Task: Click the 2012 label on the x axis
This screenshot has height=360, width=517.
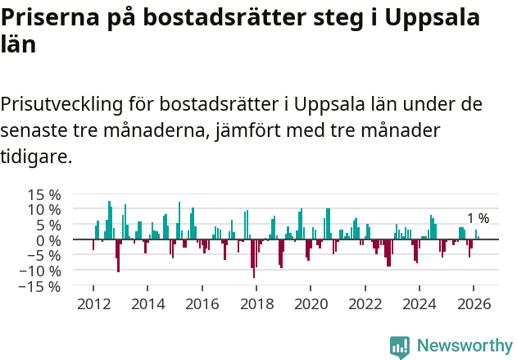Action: (93, 303)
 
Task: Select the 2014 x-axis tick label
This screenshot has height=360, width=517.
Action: (147, 303)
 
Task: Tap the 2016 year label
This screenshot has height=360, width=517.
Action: (202, 303)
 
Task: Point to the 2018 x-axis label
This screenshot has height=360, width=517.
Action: (256, 303)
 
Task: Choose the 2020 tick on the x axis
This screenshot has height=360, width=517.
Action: (311, 303)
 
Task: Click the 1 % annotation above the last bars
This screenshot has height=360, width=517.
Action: (478, 218)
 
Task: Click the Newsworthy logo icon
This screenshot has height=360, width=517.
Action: (400, 346)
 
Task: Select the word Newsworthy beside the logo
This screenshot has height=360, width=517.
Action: (465, 346)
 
